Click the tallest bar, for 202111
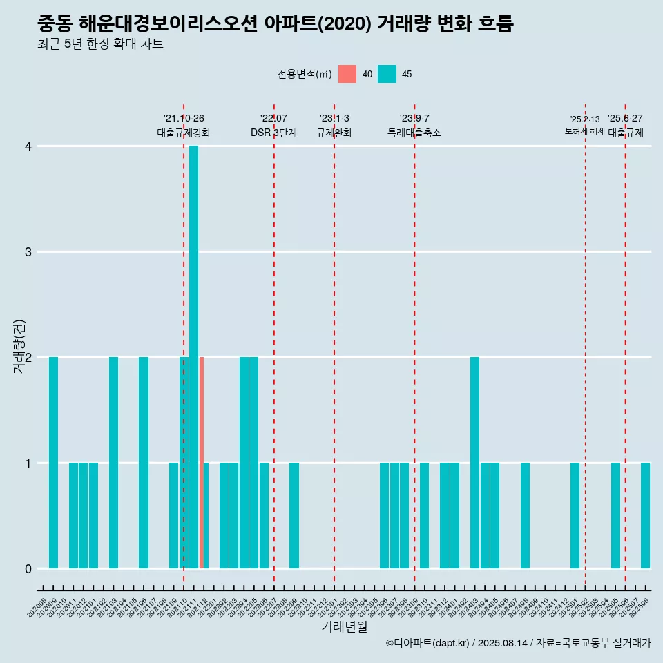(193, 357)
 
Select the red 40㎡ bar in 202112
(202, 463)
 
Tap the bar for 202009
(53, 463)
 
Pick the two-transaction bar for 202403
(474, 463)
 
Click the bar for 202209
(294, 515)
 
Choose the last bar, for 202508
(645, 515)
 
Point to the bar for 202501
(575, 515)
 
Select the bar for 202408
(525, 515)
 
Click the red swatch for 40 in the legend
(347, 74)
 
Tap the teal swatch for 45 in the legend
(387, 74)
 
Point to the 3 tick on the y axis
(28, 251)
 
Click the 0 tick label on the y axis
(28, 568)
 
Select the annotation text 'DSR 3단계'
(273, 133)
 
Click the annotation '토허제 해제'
(584, 131)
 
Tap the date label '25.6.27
(625, 118)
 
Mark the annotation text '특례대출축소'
(414, 133)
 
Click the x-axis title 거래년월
(344, 627)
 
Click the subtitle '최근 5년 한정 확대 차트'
(101, 44)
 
